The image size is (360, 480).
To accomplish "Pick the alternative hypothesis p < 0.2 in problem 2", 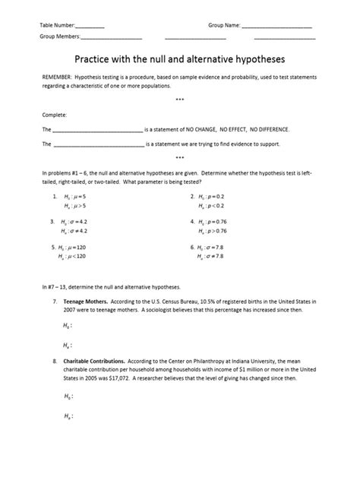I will pos(212,206).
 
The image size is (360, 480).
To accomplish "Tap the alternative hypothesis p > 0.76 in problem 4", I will pos(213,231).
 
